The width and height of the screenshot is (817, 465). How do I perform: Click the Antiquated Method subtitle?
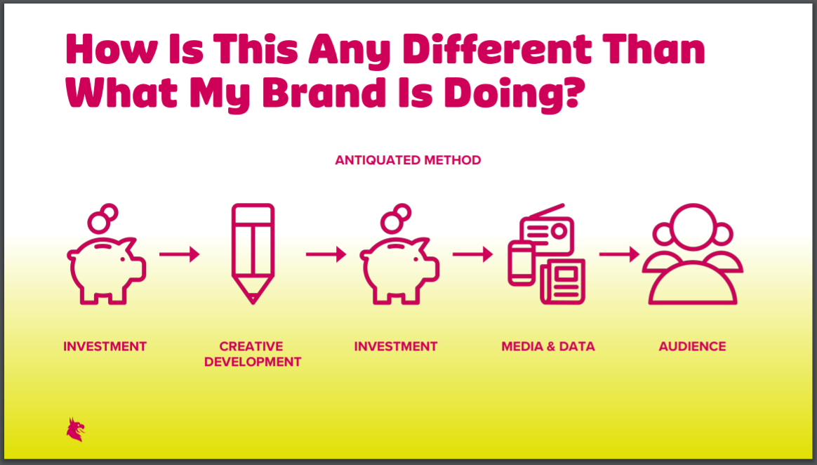408,160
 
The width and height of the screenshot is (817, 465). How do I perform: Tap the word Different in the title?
497,50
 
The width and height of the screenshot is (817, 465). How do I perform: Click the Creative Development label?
253,354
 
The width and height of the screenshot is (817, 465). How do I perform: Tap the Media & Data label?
548,347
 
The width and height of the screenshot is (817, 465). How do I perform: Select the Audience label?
693,347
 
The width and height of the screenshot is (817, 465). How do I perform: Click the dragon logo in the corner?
76,430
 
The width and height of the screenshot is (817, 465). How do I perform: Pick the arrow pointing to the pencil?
180,254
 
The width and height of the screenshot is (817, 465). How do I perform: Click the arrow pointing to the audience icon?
620,254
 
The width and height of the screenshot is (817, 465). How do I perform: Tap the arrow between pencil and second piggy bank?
326,254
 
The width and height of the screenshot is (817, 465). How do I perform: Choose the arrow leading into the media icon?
472,254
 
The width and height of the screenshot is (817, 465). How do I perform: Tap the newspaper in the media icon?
563,282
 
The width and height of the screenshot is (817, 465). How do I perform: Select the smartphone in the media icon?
522,264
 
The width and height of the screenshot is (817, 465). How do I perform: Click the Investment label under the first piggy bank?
105,347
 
